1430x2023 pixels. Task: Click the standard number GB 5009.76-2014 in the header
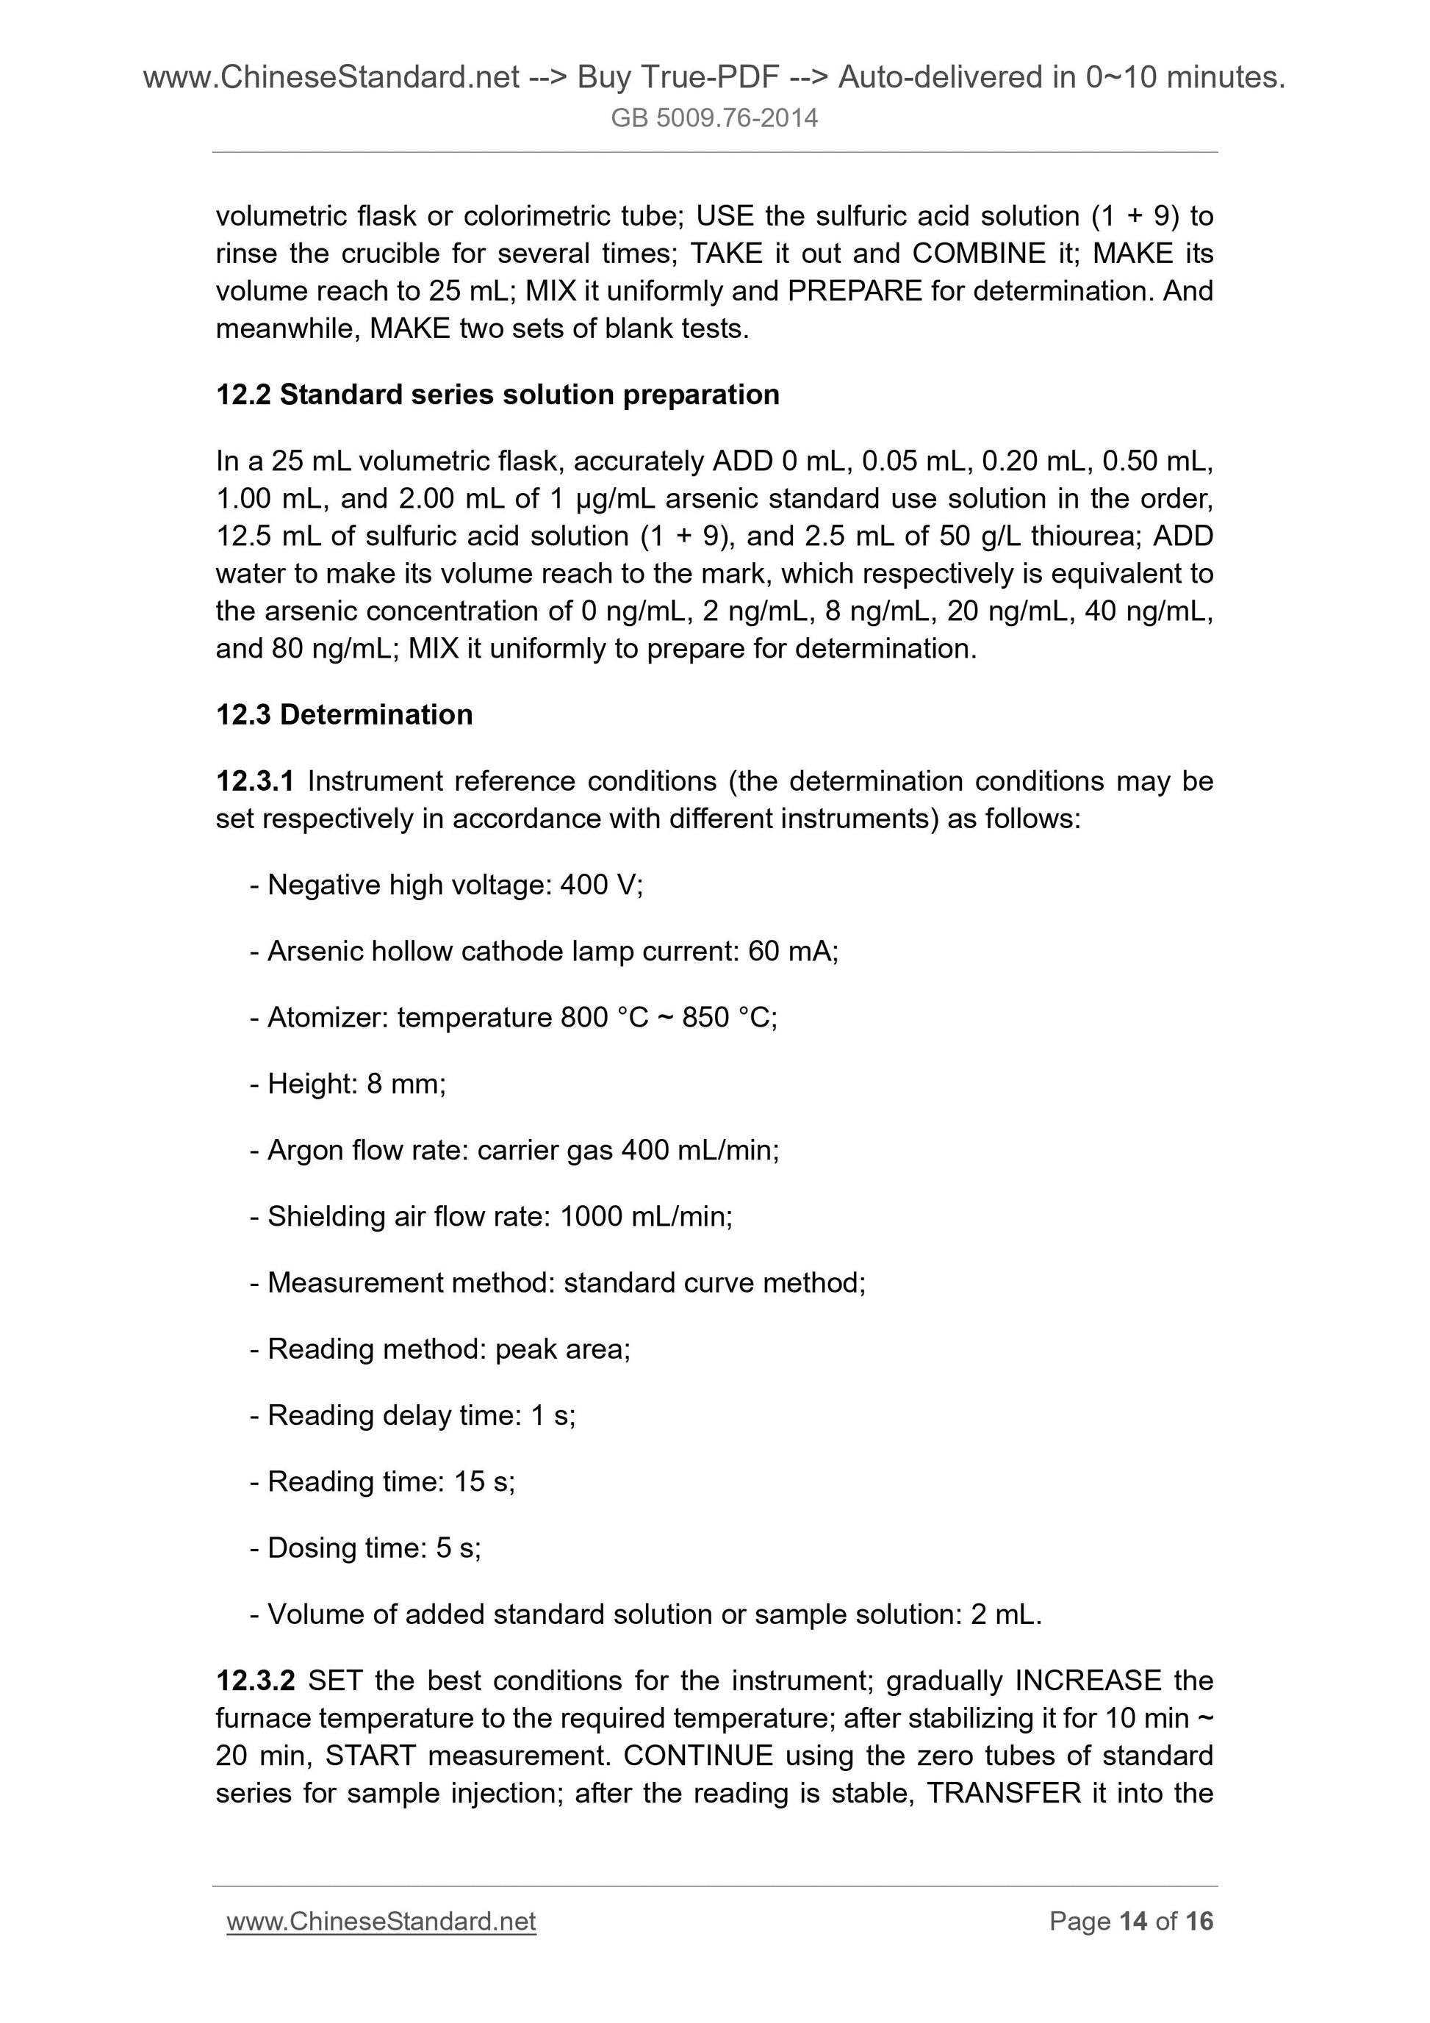[x=714, y=118]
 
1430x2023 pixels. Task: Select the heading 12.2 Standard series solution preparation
[x=497, y=395]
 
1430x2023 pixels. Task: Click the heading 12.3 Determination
[x=345, y=714]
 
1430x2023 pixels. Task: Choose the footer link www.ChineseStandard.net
[x=381, y=1921]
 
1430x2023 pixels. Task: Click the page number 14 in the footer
[x=1132, y=1921]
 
